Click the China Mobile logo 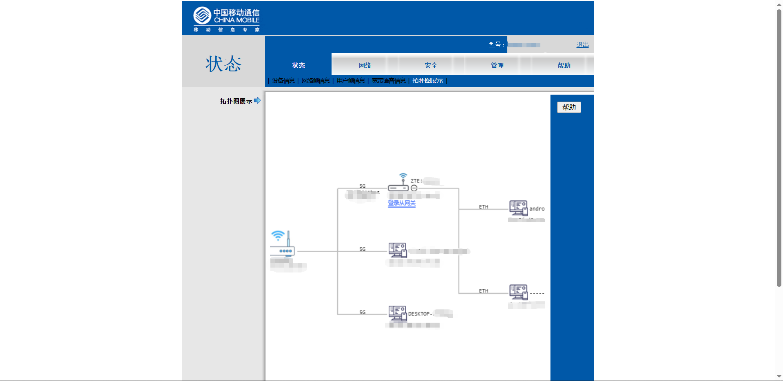tap(226, 19)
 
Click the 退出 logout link tap(582, 45)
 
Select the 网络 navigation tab tap(365, 65)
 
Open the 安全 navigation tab tap(431, 65)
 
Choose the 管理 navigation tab tap(497, 65)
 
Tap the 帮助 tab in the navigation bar tap(564, 65)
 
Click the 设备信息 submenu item tap(283, 81)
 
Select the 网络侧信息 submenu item tap(315, 81)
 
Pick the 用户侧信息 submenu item tap(351, 81)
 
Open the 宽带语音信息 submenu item tap(389, 81)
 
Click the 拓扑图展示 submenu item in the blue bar tap(427, 81)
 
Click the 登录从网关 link tap(402, 203)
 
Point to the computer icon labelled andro tap(518, 208)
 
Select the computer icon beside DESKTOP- tap(397, 313)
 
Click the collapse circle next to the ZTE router tap(414, 188)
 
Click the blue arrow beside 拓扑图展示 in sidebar tap(257, 100)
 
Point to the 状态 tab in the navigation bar tap(299, 65)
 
